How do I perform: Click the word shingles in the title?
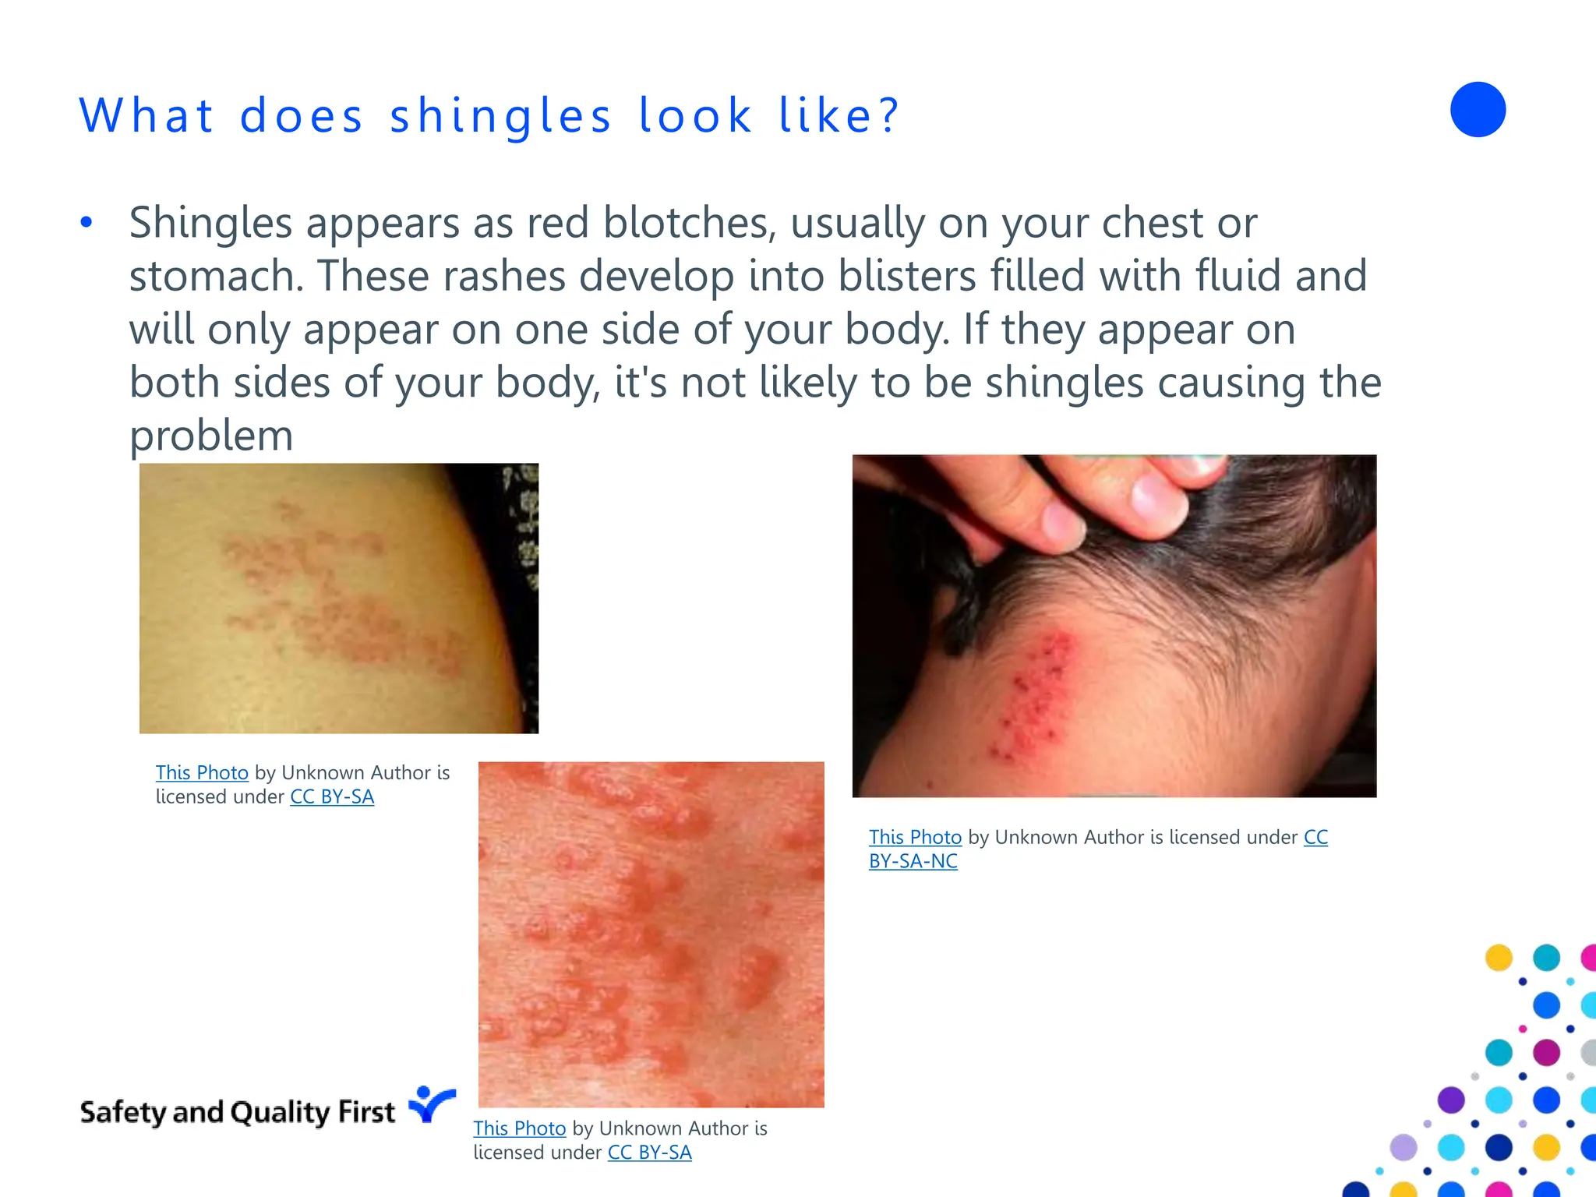coord(500,117)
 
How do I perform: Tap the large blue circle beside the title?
coord(1477,110)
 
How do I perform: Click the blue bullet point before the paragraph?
coord(87,223)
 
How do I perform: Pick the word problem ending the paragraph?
coord(211,436)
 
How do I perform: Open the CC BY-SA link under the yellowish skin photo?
coord(332,797)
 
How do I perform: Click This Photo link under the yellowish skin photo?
coord(202,773)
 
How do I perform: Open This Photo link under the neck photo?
coord(915,838)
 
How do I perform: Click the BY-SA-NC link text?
coord(913,862)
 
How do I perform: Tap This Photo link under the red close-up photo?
coord(519,1128)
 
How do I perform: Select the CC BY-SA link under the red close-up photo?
coord(649,1153)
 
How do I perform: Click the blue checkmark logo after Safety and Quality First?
coord(431,1104)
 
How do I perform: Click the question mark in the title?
coord(888,117)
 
